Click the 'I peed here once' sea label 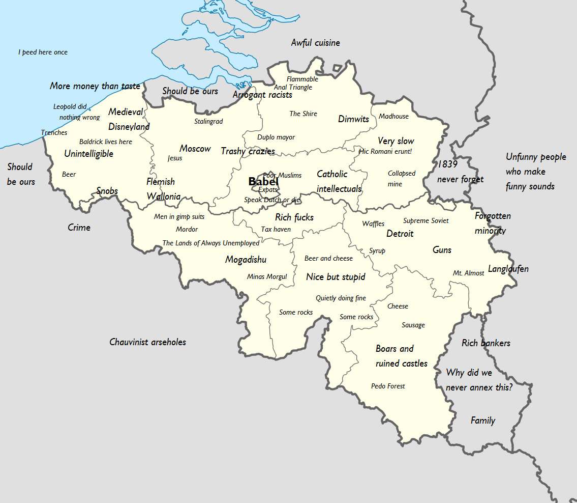(43, 52)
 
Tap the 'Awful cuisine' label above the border (315, 43)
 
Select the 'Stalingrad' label (208, 121)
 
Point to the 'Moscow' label (195, 149)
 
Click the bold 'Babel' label (263, 181)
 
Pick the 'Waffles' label (373, 223)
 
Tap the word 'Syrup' (377, 250)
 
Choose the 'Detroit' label (400, 234)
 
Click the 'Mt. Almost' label (468, 273)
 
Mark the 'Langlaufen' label (508, 269)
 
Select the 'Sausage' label (413, 325)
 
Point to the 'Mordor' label (187, 229)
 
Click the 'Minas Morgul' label (266, 276)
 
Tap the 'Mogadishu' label (246, 260)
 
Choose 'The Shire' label (303, 114)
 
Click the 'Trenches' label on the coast (54, 132)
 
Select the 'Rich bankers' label (485, 343)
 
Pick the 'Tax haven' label (276, 229)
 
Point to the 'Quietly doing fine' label (341, 298)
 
